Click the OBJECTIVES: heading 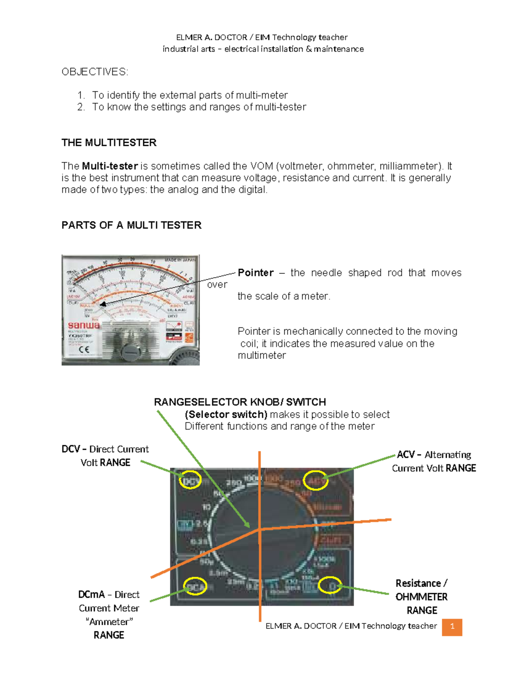95,72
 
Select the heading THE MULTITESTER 109,143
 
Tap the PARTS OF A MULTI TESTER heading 131,225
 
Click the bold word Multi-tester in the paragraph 110,166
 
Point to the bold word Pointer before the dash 255,273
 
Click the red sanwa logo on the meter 83,325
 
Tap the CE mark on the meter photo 84,349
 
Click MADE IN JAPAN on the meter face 180,260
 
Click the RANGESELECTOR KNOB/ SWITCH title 240,402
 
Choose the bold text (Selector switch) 226,414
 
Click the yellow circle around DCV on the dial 190,480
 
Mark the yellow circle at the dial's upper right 316,480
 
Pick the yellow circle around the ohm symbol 330,585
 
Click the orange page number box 452,627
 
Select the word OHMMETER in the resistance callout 421,597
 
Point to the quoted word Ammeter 109,622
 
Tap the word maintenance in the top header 338,49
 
